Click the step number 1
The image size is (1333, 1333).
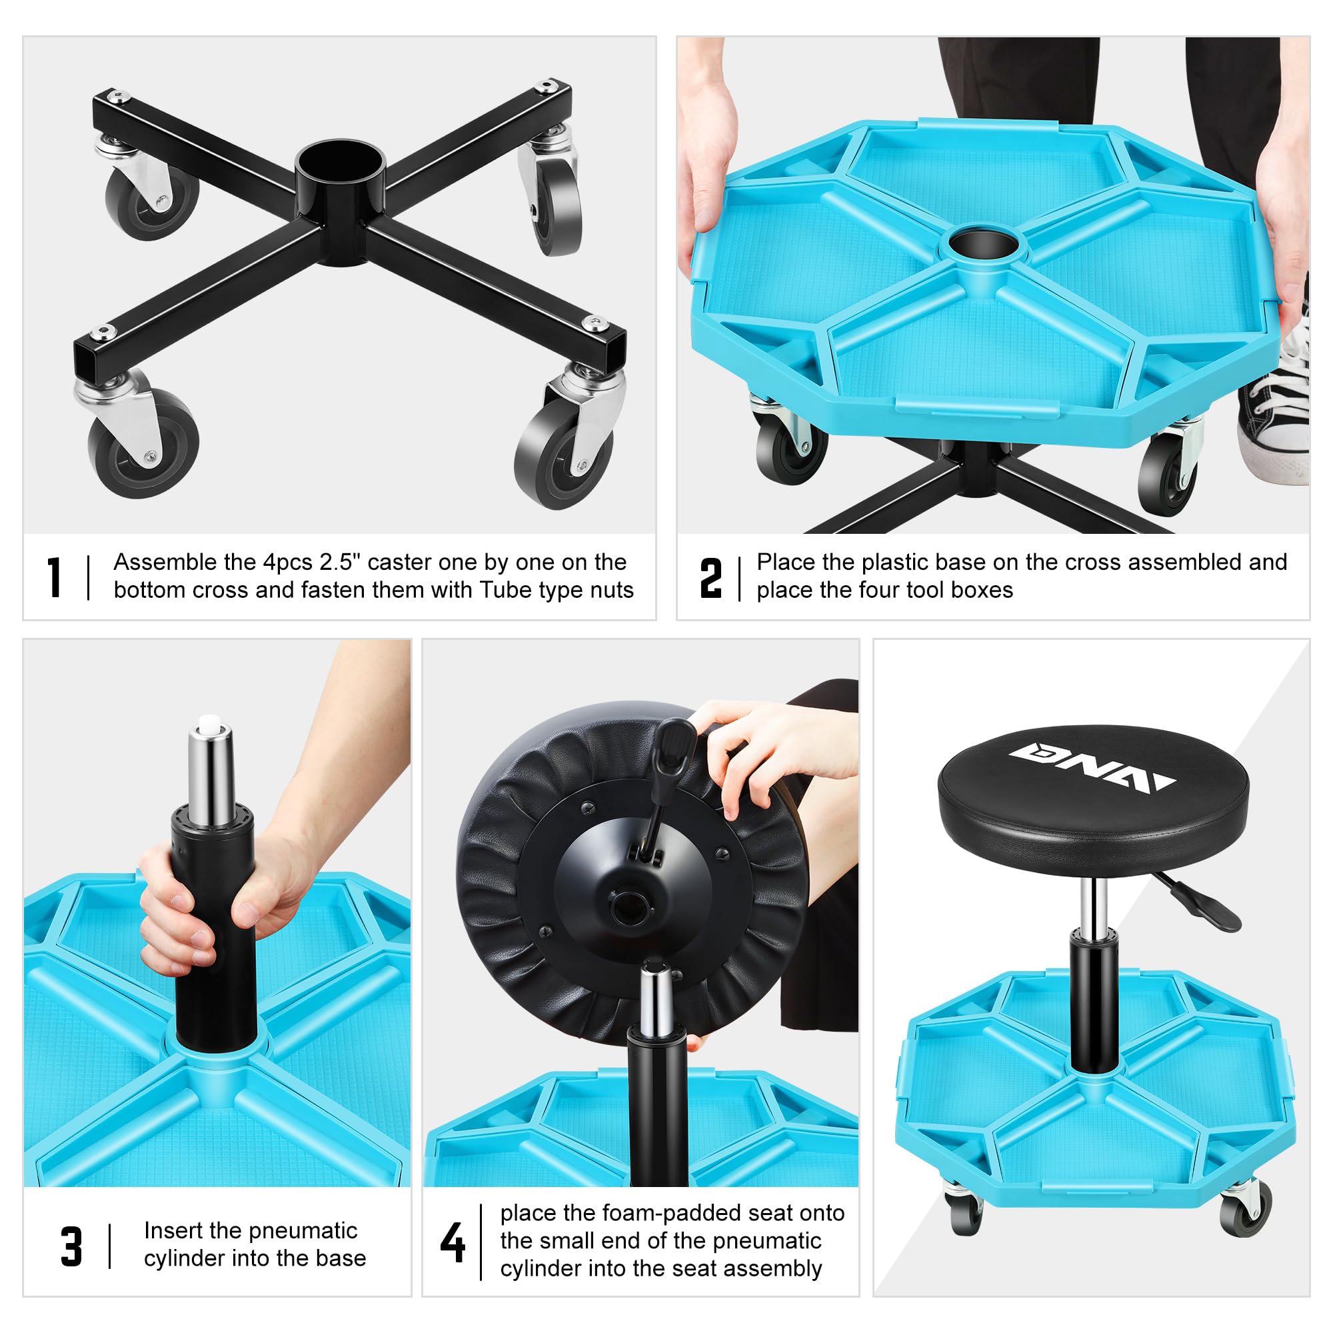55,577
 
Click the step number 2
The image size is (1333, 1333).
710,577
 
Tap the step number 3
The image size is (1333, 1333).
72,1246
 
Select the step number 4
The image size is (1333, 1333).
453,1241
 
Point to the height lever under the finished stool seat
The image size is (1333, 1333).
1199,903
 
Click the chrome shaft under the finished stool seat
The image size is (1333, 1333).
1094,904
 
